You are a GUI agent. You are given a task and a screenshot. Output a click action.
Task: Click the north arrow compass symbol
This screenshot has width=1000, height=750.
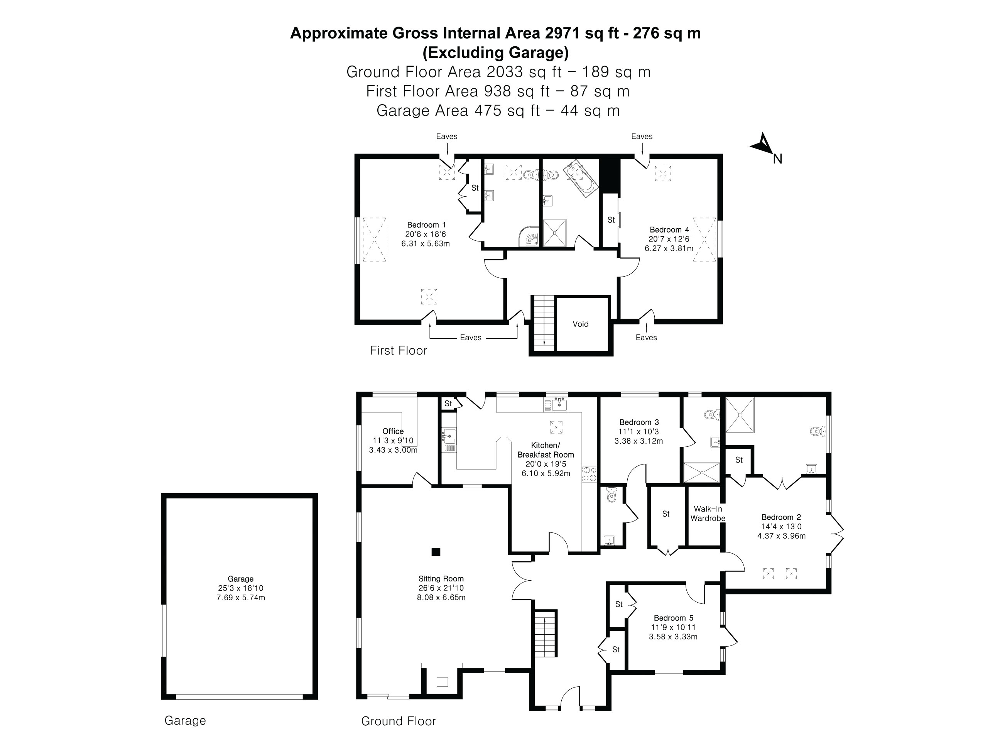[764, 145]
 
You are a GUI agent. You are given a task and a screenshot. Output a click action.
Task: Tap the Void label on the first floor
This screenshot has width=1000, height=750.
[581, 324]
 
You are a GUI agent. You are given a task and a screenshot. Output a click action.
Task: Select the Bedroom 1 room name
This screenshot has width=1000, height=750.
[426, 225]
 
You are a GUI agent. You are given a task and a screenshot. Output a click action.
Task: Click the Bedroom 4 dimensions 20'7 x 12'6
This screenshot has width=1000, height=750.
[669, 239]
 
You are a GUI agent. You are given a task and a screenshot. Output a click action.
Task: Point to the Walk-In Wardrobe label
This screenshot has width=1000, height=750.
[708, 514]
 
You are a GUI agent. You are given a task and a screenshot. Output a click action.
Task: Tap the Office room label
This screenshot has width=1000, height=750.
[393, 431]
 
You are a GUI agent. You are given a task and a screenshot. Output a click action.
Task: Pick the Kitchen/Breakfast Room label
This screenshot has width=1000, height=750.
[546, 450]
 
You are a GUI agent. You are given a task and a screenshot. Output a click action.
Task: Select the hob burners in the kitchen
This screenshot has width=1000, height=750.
[590, 473]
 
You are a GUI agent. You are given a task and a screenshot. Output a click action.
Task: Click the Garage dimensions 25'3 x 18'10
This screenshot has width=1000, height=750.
[240, 588]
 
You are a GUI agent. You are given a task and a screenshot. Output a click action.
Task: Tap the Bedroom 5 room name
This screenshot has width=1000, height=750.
[673, 618]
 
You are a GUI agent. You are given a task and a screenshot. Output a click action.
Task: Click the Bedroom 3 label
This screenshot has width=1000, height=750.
[639, 422]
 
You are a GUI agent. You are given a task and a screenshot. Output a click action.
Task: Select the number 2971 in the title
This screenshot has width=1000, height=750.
[563, 33]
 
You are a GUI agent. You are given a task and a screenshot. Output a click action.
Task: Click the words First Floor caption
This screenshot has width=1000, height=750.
[398, 350]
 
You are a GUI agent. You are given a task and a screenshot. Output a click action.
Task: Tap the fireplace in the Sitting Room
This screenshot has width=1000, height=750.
[442, 681]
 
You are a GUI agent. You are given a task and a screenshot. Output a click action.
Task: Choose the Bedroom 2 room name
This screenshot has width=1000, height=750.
[781, 517]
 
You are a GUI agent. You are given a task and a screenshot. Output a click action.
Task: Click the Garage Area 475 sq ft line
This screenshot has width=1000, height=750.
[498, 111]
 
